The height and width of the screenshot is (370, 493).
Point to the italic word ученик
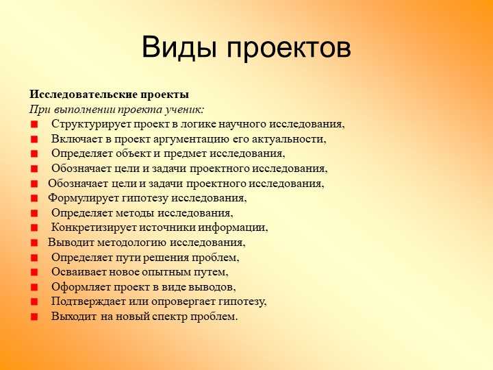coord(184,110)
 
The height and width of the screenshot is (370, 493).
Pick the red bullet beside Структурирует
coord(34,125)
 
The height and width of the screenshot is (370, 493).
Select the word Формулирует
coord(78,198)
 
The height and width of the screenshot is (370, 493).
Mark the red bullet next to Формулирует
coord(34,199)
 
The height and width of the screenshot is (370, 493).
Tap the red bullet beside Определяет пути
coord(34,258)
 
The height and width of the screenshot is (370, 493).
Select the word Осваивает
coord(77,272)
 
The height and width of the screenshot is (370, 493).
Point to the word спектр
coord(171,317)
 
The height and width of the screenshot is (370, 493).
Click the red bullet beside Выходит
coord(34,317)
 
